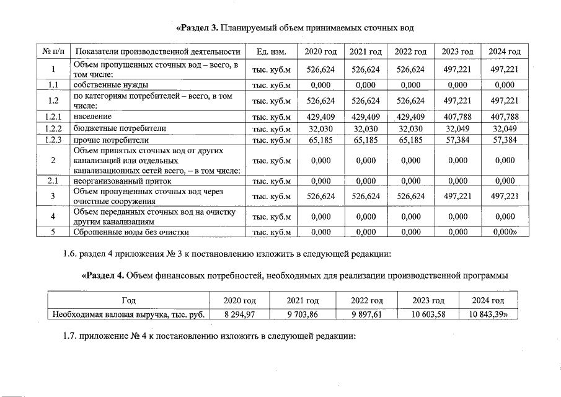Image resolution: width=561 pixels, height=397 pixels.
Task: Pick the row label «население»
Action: coord(92,116)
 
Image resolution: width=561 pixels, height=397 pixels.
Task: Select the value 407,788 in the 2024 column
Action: coord(504,116)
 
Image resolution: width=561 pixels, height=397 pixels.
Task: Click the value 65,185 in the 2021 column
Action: coord(365,140)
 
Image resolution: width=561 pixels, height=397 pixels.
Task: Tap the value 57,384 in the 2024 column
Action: coord(504,140)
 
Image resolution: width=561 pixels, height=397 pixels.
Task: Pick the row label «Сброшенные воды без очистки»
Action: coord(131,232)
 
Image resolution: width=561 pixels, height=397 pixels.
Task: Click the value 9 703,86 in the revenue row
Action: coord(303,314)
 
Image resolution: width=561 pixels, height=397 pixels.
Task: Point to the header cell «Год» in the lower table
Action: coord(128,300)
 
